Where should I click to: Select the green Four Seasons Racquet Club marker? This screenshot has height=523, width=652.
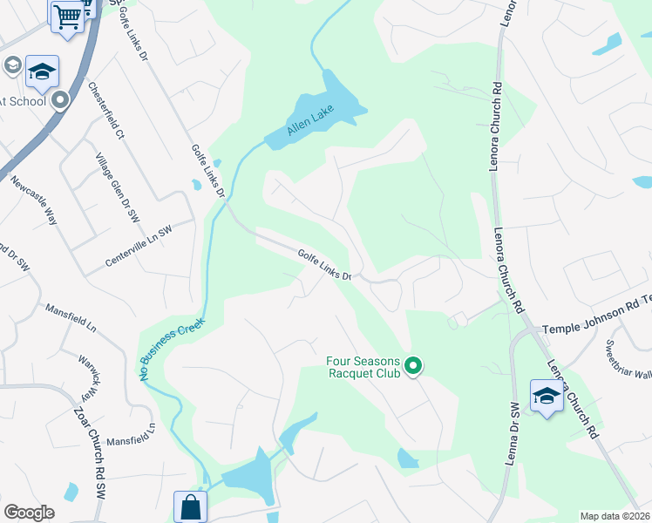pyautogui.click(x=414, y=366)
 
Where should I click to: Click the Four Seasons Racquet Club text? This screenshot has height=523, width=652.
pyautogui.click(x=363, y=367)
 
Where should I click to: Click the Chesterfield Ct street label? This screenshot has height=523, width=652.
pyautogui.click(x=106, y=111)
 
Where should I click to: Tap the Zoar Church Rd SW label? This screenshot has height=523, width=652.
pyautogui.click(x=89, y=452)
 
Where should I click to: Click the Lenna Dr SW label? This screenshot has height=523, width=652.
pyautogui.click(x=513, y=432)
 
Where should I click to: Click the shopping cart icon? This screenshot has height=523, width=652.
pyautogui.click(x=68, y=17)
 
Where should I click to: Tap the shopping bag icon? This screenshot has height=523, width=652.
pyautogui.click(x=190, y=506)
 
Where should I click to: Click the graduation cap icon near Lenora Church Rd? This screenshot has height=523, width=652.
pyautogui.click(x=547, y=396)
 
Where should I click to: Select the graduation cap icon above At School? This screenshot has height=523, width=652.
pyautogui.click(x=42, y=71)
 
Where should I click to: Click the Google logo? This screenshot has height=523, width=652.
pyautogui.click(x=30, y=512)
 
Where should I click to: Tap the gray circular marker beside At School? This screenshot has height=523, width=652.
pyautogui.click(x=60, y=100)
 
